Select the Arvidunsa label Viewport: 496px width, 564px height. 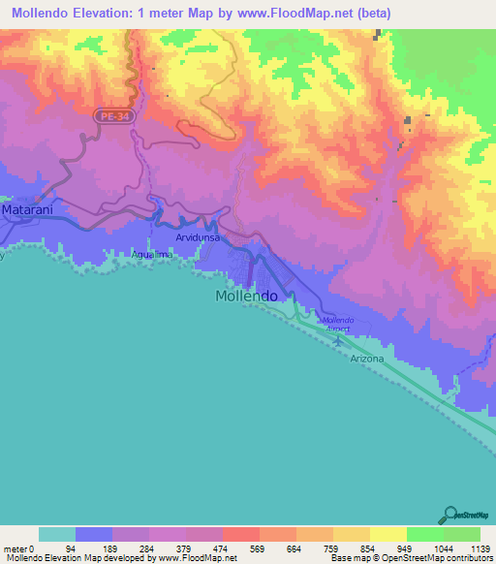(x=198, y=236)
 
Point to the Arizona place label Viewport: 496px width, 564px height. (x=367, y=359)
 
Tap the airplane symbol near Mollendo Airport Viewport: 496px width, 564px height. (x=338, y=339)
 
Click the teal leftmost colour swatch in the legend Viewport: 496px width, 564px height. (x=57, y=533)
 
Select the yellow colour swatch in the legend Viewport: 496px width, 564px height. (x=388, y=533)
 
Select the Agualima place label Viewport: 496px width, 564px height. (x=151, y=255)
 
